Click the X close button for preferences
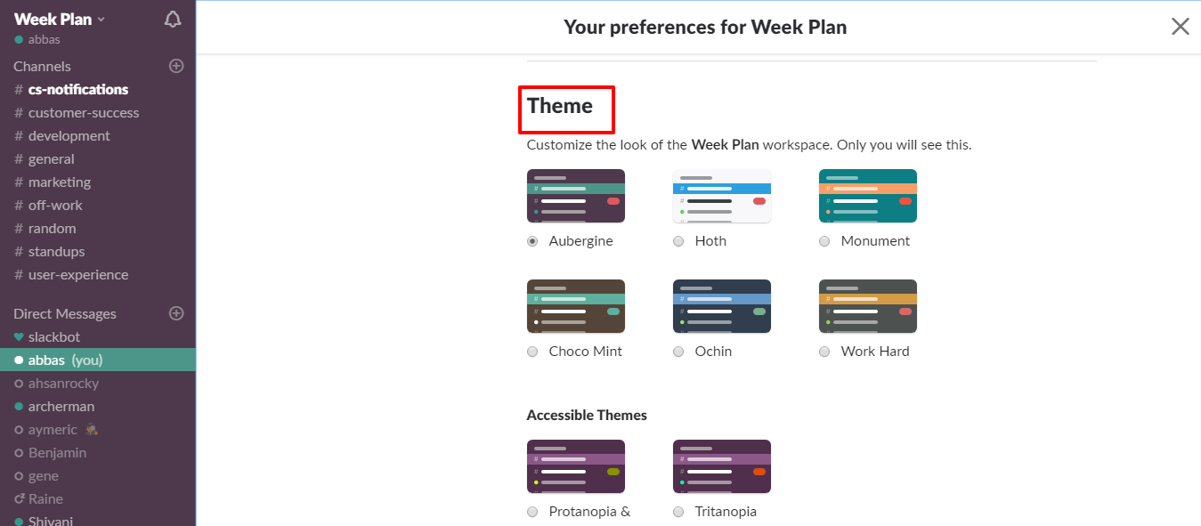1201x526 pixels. (x=1180, y=27)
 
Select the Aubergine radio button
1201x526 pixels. (x=532, y=241)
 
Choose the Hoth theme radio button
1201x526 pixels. (x=678, y=241)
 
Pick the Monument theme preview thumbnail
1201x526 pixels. (x=867, y=196)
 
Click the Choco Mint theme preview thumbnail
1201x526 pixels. (x=575, y=306)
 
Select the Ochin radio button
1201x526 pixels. (x=678, y=352)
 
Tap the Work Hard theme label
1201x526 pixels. (x=874, y=352)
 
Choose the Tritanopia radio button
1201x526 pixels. (x=678, y=512)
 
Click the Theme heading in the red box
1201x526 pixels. (x=560, y=106)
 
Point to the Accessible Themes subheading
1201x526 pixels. (x=587, y=416)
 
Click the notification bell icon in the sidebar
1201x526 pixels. (x=173, y=20)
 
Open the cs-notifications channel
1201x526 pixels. (x=77, y=90)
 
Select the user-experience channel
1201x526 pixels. (x=77, y=275)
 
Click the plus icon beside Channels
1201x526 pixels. (x=176, y=66)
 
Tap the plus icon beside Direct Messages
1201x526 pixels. (x=176, y=313)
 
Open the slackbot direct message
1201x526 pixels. (x=53, y=337)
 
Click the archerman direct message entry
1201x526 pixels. (x=61, y=407)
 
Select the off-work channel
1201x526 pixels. (x=55, y=206)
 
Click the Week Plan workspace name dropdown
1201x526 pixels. (x=59, y=20)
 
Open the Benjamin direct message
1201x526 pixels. (x=57, y=453)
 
